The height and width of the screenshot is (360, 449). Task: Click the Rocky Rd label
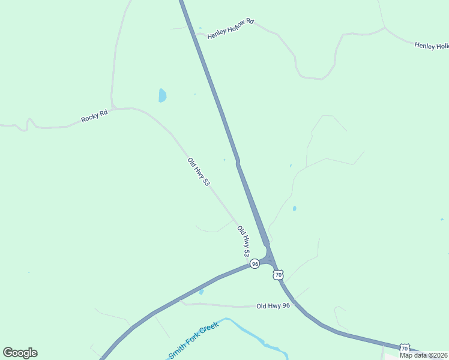[94, 116]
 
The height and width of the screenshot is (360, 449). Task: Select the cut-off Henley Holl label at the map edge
[432, 46]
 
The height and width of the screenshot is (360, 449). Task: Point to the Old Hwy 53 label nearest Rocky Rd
[199, 172]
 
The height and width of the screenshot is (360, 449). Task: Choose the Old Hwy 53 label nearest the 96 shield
[244, 241]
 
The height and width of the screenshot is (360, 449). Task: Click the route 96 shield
[255, 264]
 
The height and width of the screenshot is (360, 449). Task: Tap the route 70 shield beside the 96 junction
[278, 274]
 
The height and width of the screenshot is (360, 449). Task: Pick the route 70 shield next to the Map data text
[405, 348]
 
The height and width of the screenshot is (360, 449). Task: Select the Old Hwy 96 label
[273, 306]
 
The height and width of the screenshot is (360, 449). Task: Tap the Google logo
[20, 353]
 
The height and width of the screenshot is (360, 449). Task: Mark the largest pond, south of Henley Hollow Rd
[162, 95]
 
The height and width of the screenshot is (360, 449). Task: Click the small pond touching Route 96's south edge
[201, 292]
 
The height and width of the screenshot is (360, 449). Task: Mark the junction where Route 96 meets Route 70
[269, 259]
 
